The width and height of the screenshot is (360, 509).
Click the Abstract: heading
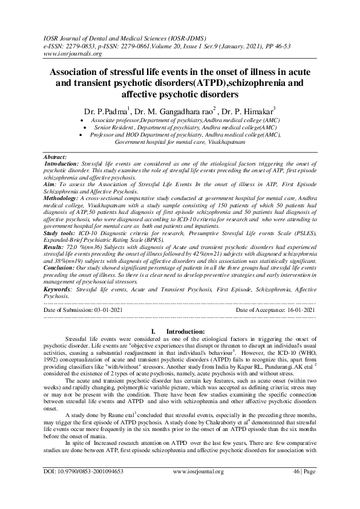(x=56, y=157)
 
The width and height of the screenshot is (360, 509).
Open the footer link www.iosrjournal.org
(x=198, y=488)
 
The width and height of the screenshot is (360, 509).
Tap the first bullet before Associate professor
(x=82, y=122)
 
